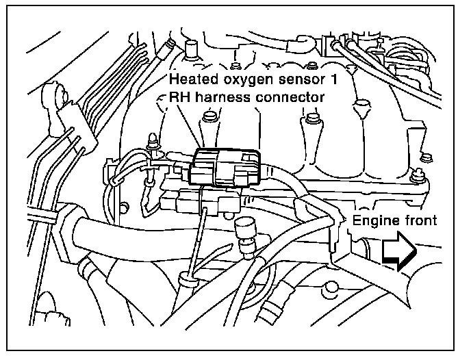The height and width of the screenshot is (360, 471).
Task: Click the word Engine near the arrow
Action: tap(375, 220)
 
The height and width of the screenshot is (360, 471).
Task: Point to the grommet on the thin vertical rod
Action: tap(187, 279)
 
